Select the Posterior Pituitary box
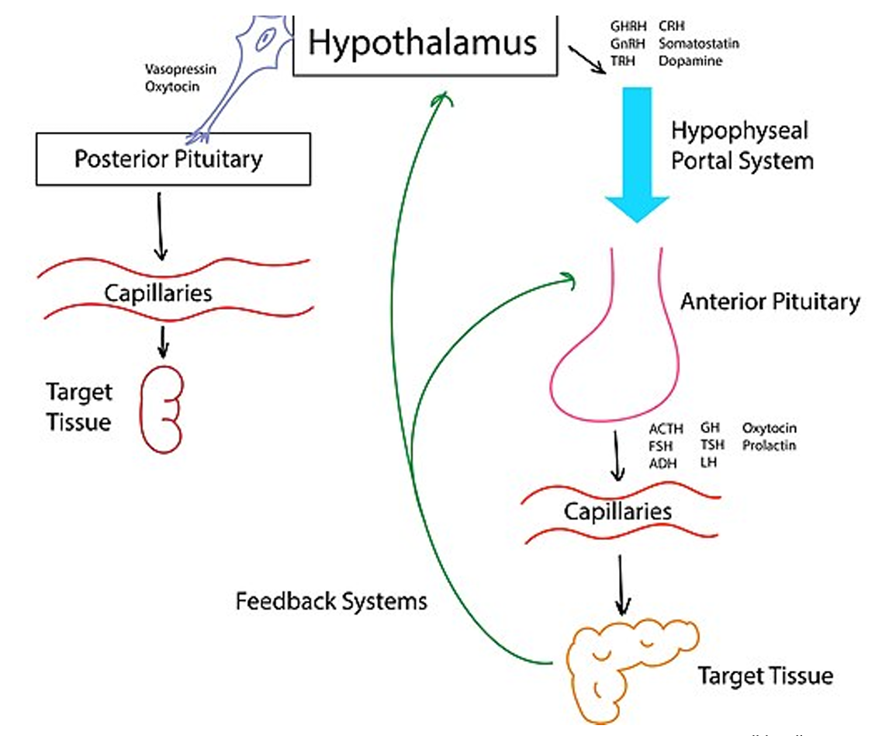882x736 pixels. click(x=173, y=159)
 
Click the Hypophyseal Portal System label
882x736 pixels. click(x=741, y=145)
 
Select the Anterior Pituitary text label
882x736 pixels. click(x=770, y=301)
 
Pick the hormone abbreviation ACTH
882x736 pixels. click(x=666, y=429)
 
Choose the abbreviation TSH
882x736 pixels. click(x=712, y=445)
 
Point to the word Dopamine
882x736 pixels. click(x=690, y=61)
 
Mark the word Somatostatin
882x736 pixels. click(x=698, y=43)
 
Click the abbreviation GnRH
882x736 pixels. click(x=628, y=43)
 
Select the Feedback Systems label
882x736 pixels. click(x=331, y=600)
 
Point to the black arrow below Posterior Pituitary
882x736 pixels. click(x=160, y=225)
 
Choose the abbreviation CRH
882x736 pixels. click(x=671, y=27)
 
